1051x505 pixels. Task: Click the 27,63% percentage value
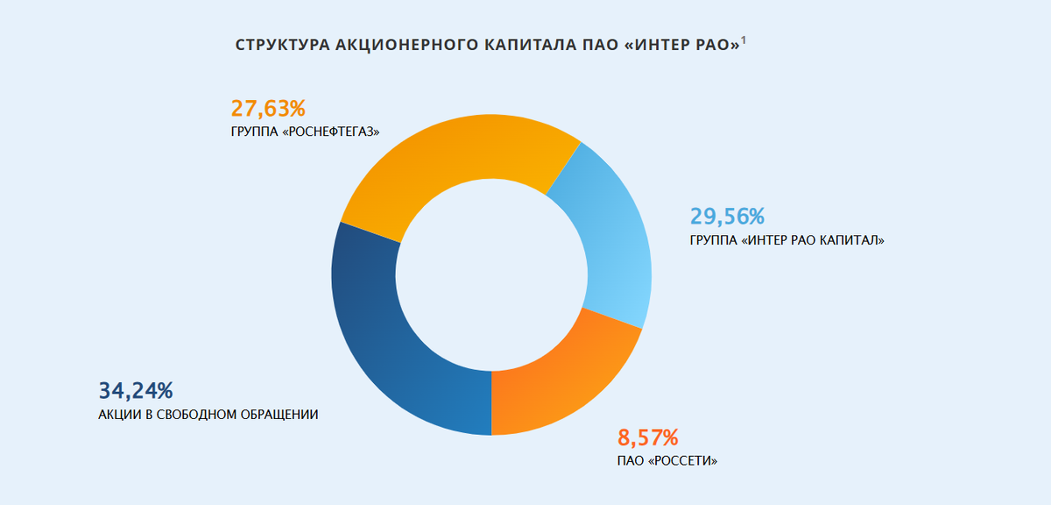268,109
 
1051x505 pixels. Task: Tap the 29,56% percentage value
728,216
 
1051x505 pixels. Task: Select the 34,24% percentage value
136,390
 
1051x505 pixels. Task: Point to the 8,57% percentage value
648,437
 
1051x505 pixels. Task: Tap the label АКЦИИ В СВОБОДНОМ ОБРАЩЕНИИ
208,414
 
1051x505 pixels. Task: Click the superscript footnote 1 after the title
744,40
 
